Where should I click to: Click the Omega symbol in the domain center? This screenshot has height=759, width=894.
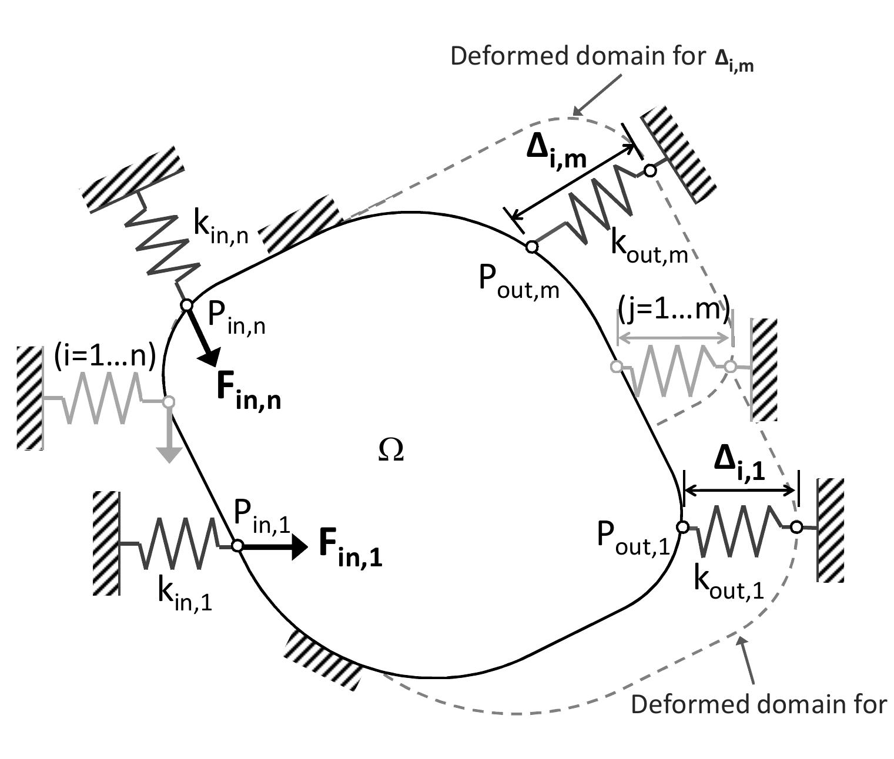(391, 451)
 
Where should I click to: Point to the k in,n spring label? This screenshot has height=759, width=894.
(220, 228)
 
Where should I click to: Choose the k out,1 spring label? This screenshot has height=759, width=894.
(728, 583)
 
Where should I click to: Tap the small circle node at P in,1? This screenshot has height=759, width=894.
(237, 546)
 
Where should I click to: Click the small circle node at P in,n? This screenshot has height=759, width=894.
(186, 305)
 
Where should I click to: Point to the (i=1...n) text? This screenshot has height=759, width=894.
(105, 357)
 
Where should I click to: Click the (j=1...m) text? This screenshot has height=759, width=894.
(674, 308)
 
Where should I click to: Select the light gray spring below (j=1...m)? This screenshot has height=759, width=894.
(674, 369)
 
